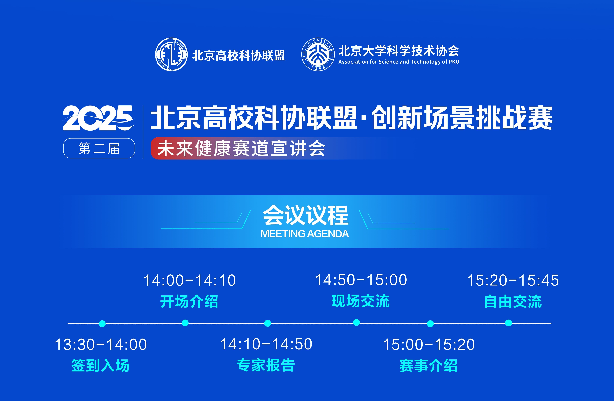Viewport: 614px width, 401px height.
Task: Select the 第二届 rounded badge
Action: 99,148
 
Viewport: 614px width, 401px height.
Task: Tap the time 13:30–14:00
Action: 101,345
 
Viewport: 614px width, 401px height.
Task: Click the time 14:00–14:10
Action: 190,280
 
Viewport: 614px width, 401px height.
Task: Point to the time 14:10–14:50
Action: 266,344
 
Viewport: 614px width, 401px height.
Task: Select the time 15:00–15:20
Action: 429,345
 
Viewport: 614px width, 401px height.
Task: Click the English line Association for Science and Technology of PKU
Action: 399,62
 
